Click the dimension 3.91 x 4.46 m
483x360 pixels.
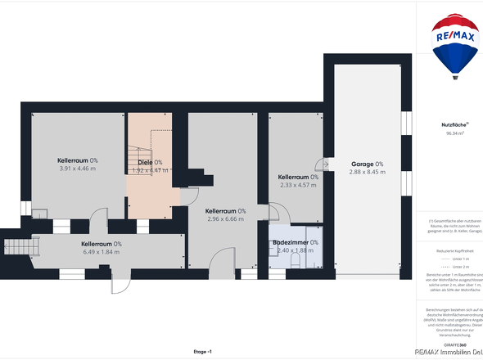(x=78, y=169)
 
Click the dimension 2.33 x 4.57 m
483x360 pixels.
(x=297, y=185)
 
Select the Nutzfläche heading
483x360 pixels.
(x=454, y=124)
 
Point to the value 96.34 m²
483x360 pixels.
(x=454, y=133)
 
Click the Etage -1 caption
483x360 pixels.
(x=202, y=351)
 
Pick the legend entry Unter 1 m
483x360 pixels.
(x=458, y=259)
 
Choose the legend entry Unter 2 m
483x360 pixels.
(x=458, y=267)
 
